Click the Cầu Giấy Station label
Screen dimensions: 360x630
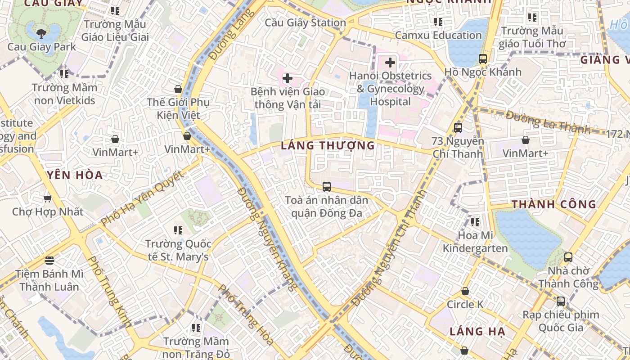305,22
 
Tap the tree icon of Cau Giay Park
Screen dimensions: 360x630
41,33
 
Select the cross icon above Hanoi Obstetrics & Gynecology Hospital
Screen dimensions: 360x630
390,63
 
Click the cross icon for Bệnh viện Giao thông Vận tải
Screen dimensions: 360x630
287,78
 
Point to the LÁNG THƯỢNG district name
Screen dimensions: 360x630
328,145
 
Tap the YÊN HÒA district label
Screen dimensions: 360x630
75,175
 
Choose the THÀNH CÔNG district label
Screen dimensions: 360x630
553,204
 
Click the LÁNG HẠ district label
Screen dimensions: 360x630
477,332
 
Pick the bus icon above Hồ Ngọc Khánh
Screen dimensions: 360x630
483,58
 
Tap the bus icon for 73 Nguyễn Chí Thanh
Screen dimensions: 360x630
458,128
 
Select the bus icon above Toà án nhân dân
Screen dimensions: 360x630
327,186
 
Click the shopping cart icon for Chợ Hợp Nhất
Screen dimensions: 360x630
47,198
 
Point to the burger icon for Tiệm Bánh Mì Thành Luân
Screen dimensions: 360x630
49,260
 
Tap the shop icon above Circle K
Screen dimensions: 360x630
465,292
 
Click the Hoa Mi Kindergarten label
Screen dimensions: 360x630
475,242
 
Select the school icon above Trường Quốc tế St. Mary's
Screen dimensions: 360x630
178,230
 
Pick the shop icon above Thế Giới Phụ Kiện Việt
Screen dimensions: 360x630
178,89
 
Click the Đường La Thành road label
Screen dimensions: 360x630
548,122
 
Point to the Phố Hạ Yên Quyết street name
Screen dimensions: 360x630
143,198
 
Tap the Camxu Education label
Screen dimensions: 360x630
438,35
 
